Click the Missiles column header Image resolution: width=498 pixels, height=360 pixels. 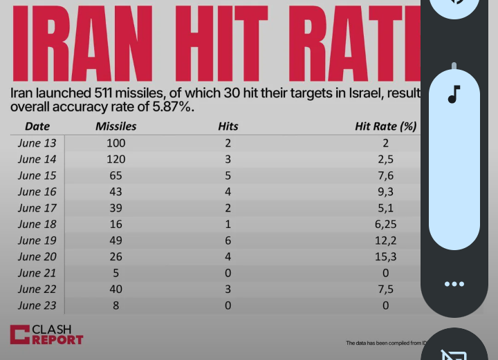coord(116,126)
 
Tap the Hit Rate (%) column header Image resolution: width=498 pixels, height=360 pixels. coord(385,126)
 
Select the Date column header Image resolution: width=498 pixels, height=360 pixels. coord(37,126)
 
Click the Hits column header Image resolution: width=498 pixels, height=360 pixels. coord(228,126)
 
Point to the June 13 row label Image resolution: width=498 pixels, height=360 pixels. coord(38,143)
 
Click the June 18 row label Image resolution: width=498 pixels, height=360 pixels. coord(38,225)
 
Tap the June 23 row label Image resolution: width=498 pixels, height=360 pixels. coord(38,305)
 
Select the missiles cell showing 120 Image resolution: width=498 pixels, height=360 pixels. coord(116,160)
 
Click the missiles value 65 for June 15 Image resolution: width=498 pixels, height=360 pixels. coord(116,176)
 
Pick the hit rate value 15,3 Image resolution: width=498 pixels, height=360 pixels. coord(385,257)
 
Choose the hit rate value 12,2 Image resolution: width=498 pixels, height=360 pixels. coord(385,240)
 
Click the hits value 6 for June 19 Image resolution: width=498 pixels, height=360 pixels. coord(228,240)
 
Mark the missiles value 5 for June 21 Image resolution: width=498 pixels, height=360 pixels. coord(116,273)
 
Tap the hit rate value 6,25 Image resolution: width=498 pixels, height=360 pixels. coord(385,225)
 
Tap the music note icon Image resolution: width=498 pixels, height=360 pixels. coord(454,94)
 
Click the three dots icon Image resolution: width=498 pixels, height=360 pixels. coord(454,284)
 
